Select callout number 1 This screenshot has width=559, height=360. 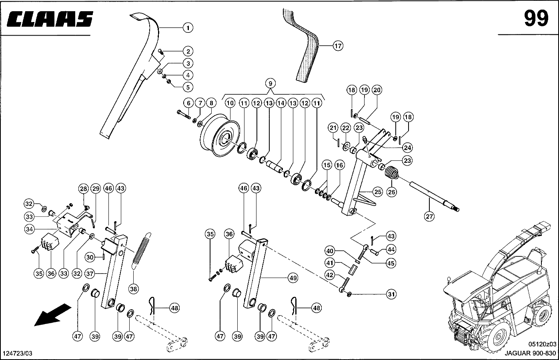click(x=187, y=28)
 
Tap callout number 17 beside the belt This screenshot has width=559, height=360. click(x=338, y=46)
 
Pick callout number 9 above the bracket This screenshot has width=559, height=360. click(x=270, y=84)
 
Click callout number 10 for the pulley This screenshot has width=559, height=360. click(x=230, y=103)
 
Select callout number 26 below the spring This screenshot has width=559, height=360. click(x=391, y=192)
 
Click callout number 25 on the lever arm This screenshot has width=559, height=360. click(x=377, y=192)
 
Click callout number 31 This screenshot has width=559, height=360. click(x=391, y=294)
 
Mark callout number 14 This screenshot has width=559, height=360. click(x=281, y=103)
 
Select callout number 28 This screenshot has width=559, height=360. click(x=83, y=189)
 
